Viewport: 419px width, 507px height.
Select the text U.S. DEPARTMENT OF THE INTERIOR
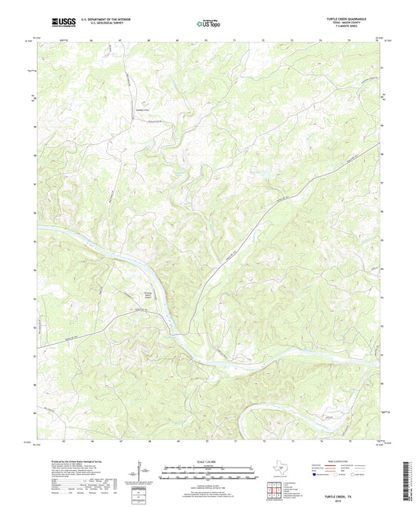[97, 20]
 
